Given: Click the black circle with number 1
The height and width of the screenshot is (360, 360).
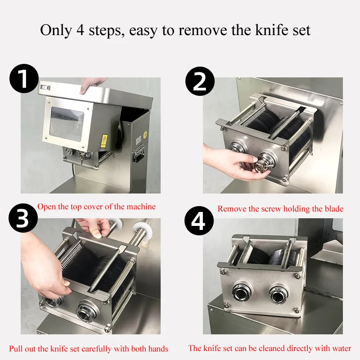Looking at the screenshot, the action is pyautogui.click(x=24, y=78).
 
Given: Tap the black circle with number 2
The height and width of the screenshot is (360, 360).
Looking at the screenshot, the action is pyautogui.click(x=200, y=81).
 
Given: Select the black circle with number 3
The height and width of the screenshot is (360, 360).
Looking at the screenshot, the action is pyautogui.click(x=23, y=218).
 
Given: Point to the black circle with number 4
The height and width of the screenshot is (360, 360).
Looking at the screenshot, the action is pyautogui.click(x=199, y=220).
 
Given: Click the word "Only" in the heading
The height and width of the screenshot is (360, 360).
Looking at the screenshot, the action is pyautogui.click(x=56, y=30).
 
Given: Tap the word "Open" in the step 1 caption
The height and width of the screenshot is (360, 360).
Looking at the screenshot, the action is pyautogui.click(x=47, y=207).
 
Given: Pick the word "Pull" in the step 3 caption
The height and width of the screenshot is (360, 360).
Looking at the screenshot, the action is pyautogui.click(x=16, y=349).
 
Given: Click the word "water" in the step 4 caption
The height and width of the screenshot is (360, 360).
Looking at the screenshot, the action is pyautogui.click(x=341, y=348).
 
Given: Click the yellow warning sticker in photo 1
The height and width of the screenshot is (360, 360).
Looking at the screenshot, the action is pyautogui.click(x=104, y=141).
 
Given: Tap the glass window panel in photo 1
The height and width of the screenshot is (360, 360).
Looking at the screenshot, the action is pyautogui.click(x=67, y=124).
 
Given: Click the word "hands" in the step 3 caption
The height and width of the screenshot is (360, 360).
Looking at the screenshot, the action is pyautogui.click(x=158, y=349).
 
